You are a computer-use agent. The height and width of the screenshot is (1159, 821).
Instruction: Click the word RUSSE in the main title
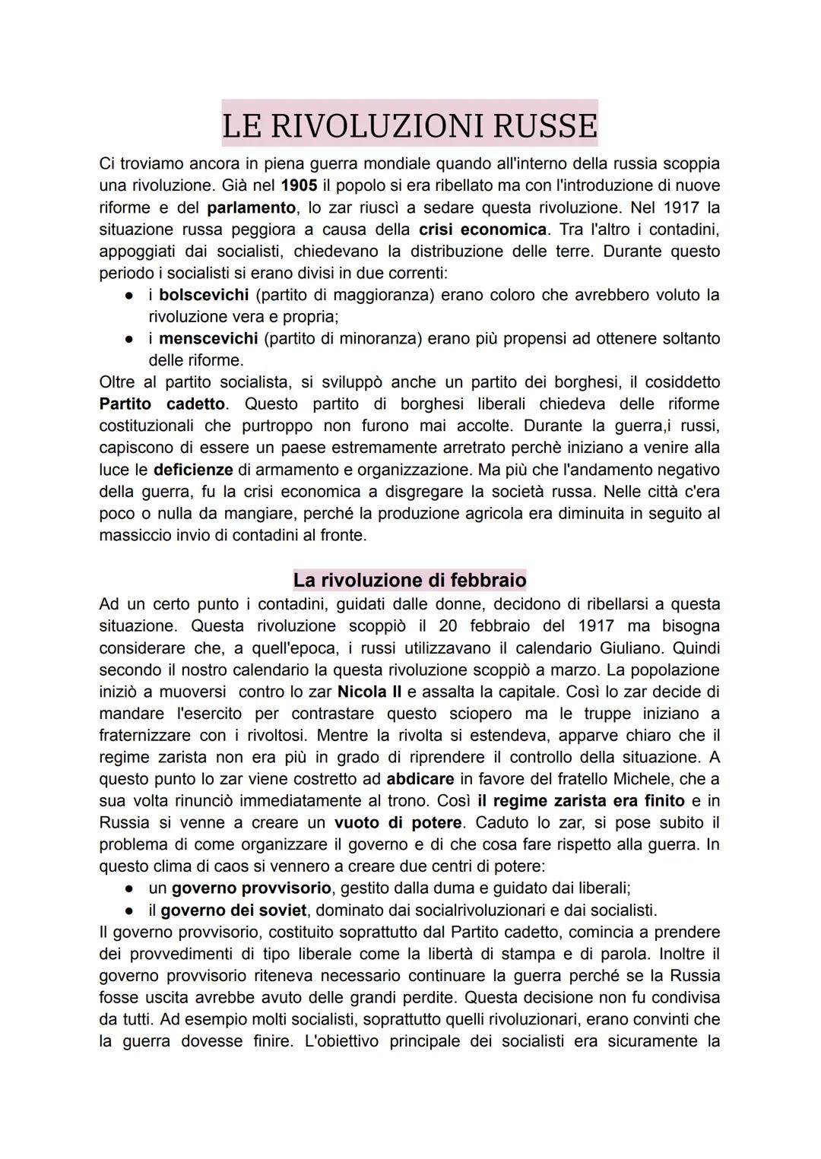(544, 125)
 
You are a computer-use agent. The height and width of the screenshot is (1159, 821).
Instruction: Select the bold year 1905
(299, 185)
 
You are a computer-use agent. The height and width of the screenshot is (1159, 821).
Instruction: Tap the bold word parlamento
(251, 207)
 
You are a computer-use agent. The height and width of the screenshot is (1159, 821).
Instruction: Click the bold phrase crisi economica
(483, 230)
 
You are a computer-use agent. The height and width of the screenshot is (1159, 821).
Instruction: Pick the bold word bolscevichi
(204, 295)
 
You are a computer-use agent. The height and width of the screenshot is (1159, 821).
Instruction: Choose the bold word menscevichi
(208, 338)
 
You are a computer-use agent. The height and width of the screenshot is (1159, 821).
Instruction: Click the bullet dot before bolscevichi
(130, 295)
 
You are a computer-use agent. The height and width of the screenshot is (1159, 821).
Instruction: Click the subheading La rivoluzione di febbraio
(410, 581)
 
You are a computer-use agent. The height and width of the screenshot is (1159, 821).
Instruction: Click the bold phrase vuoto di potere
(398, 823)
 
